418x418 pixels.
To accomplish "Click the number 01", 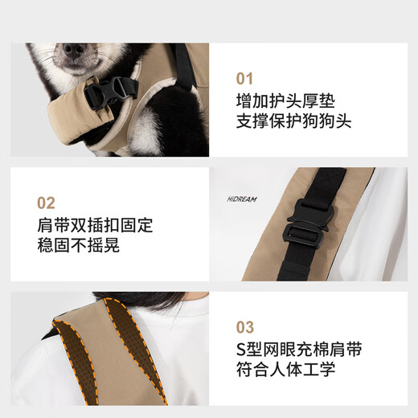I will [244, 79].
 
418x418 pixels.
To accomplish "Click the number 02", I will [47, 203].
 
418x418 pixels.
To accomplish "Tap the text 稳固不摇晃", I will [79, 246].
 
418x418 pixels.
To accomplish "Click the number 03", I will [244, 327].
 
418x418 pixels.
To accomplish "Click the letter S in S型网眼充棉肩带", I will [242, 350].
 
